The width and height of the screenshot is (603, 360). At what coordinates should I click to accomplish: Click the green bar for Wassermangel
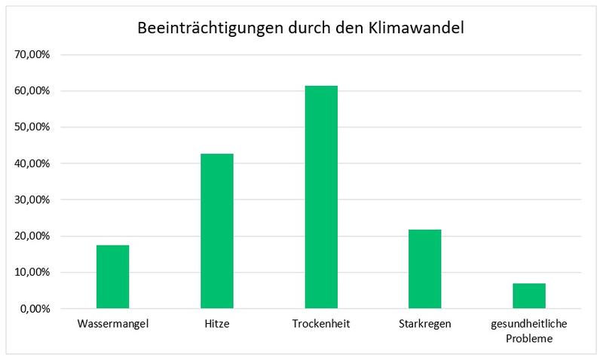point(113,276)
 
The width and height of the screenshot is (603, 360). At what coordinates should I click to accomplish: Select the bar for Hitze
point(217,230)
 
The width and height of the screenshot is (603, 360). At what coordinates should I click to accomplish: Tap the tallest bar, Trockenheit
point(321,197)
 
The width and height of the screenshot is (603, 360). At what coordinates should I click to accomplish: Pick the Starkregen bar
point(425,269)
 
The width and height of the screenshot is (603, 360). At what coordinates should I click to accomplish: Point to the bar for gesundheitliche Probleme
point(529,296)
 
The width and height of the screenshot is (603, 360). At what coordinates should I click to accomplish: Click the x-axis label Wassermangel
point(113,325)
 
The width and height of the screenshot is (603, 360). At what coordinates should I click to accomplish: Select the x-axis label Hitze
point(217,325)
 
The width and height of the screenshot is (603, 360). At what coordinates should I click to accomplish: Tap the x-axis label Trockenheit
point(321,325)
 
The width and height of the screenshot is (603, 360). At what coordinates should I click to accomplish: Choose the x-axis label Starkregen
point(425,325)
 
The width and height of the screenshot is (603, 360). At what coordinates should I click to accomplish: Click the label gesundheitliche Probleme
point(529,331)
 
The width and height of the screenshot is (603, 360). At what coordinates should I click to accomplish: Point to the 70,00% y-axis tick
point(31,55)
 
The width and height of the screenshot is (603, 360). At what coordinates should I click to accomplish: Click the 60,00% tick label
point(31,91)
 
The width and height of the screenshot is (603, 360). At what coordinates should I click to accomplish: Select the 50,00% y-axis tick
point(31,127)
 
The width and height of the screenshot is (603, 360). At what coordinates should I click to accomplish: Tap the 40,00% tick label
point(31,163)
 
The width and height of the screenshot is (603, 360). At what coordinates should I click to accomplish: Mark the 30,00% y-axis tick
point(31,200)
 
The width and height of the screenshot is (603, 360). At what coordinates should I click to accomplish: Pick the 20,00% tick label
point(31,236)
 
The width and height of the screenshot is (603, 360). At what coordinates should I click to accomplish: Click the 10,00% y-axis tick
point(31,272)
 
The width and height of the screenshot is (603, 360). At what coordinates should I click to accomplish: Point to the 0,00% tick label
point(34,308)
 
